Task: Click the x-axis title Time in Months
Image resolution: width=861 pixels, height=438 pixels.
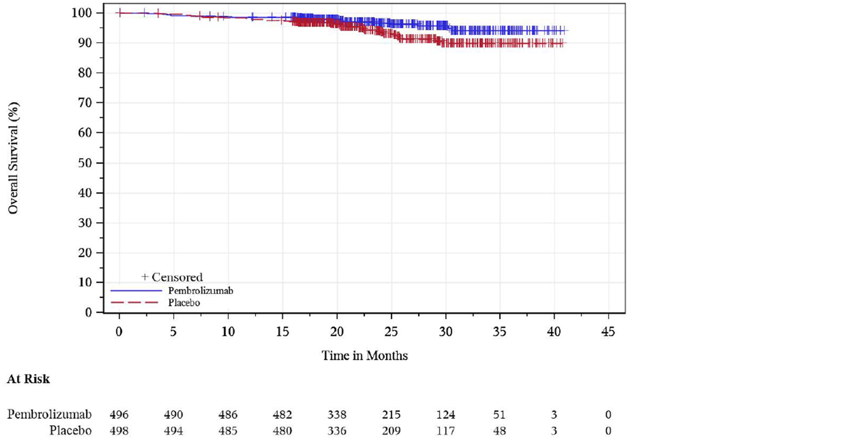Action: coord(364,356)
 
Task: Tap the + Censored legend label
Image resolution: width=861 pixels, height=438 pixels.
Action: coord(172,277)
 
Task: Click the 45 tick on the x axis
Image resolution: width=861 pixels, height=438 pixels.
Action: coord(608,331)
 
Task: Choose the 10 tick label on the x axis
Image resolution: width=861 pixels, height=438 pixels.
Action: coord(228,331)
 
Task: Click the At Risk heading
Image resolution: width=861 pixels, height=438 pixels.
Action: coord(29,380)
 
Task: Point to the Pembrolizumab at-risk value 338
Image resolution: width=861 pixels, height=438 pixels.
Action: coord(337,415)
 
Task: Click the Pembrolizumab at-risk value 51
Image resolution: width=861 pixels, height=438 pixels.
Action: coord(499,415)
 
